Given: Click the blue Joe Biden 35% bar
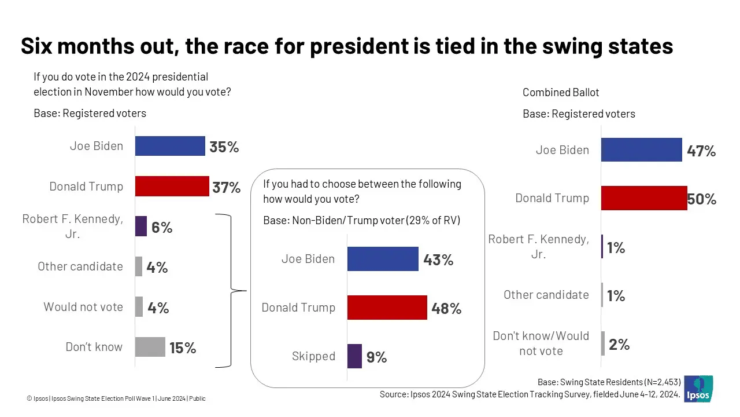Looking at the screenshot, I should pos(170,146).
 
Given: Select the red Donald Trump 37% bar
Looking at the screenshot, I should pos(172,186).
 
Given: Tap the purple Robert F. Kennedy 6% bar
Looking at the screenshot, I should pos(140,226).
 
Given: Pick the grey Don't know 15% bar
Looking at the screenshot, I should pos(150,347).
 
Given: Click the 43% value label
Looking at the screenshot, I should pos(438,260).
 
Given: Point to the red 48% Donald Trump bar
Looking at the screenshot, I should pos(387,308).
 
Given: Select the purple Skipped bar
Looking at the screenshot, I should pos(354,356).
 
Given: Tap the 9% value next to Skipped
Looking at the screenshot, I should pos(376,357).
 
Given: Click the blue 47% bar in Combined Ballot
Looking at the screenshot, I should pos(641,150).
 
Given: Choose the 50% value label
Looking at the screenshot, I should pos(702,200).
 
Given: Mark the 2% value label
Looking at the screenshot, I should pos(619,345).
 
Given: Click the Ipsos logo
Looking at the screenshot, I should pos(698,389).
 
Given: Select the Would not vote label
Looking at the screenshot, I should pos(83,307).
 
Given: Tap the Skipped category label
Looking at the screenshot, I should pos(313,356).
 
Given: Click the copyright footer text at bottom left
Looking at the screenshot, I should pos(116,398).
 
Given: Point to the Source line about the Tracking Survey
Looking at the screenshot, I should pos(528,394).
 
